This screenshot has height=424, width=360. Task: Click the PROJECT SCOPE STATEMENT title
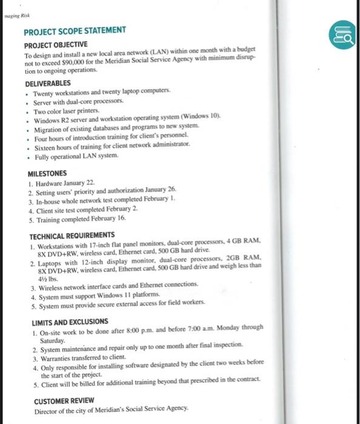pyautogui.click(x=75, y=30)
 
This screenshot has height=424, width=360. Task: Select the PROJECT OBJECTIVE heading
pyautogui.click(x=56, y=45)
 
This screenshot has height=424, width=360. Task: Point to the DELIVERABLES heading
pyautogui.click(x=48, y=83)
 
